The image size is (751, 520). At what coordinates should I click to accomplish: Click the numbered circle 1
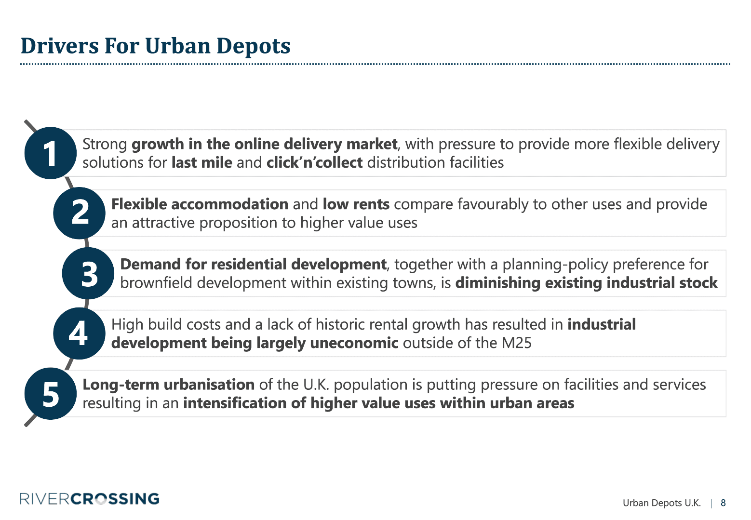pyautogui.click(x=51, y=153)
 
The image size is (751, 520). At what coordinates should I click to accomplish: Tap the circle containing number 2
pyautogui.click(x=80, y=213)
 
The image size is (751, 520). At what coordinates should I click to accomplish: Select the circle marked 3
pyautogui.click(x=88, y=273)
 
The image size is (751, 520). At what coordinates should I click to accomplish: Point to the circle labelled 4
pyautogui.click(x=80, y=333)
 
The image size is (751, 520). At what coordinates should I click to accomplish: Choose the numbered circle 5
pyautogui.click(x=51, y=394)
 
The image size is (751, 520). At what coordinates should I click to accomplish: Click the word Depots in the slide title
pyautogui.click(x=254, y=46)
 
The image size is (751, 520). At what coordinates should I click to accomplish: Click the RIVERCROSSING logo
pyautogui.click(x=90, y=498)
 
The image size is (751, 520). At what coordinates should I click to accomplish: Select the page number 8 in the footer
pyautogui.click(x=723, y=503)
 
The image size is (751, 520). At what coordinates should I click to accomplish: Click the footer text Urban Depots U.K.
pyautogui.click(x=661, y=503)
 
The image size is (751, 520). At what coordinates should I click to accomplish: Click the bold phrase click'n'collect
pyautogui.click(x=314, y=162)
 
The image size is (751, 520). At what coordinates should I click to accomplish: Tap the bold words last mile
pyautogui.click(x=202, y=162)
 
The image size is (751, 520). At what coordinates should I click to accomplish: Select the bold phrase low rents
pyautogui.click(x=356, y=204)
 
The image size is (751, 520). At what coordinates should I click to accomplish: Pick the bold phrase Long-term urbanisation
pyautogui.click(x=169, y=385)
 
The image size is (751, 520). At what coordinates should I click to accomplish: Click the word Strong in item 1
pyautogui.click(x=105, y=145)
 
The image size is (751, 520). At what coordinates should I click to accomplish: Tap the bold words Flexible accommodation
pyautogui.click(x=200, y=204)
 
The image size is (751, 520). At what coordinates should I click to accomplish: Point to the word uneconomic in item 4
pyautogui.click(x=354, y=343)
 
